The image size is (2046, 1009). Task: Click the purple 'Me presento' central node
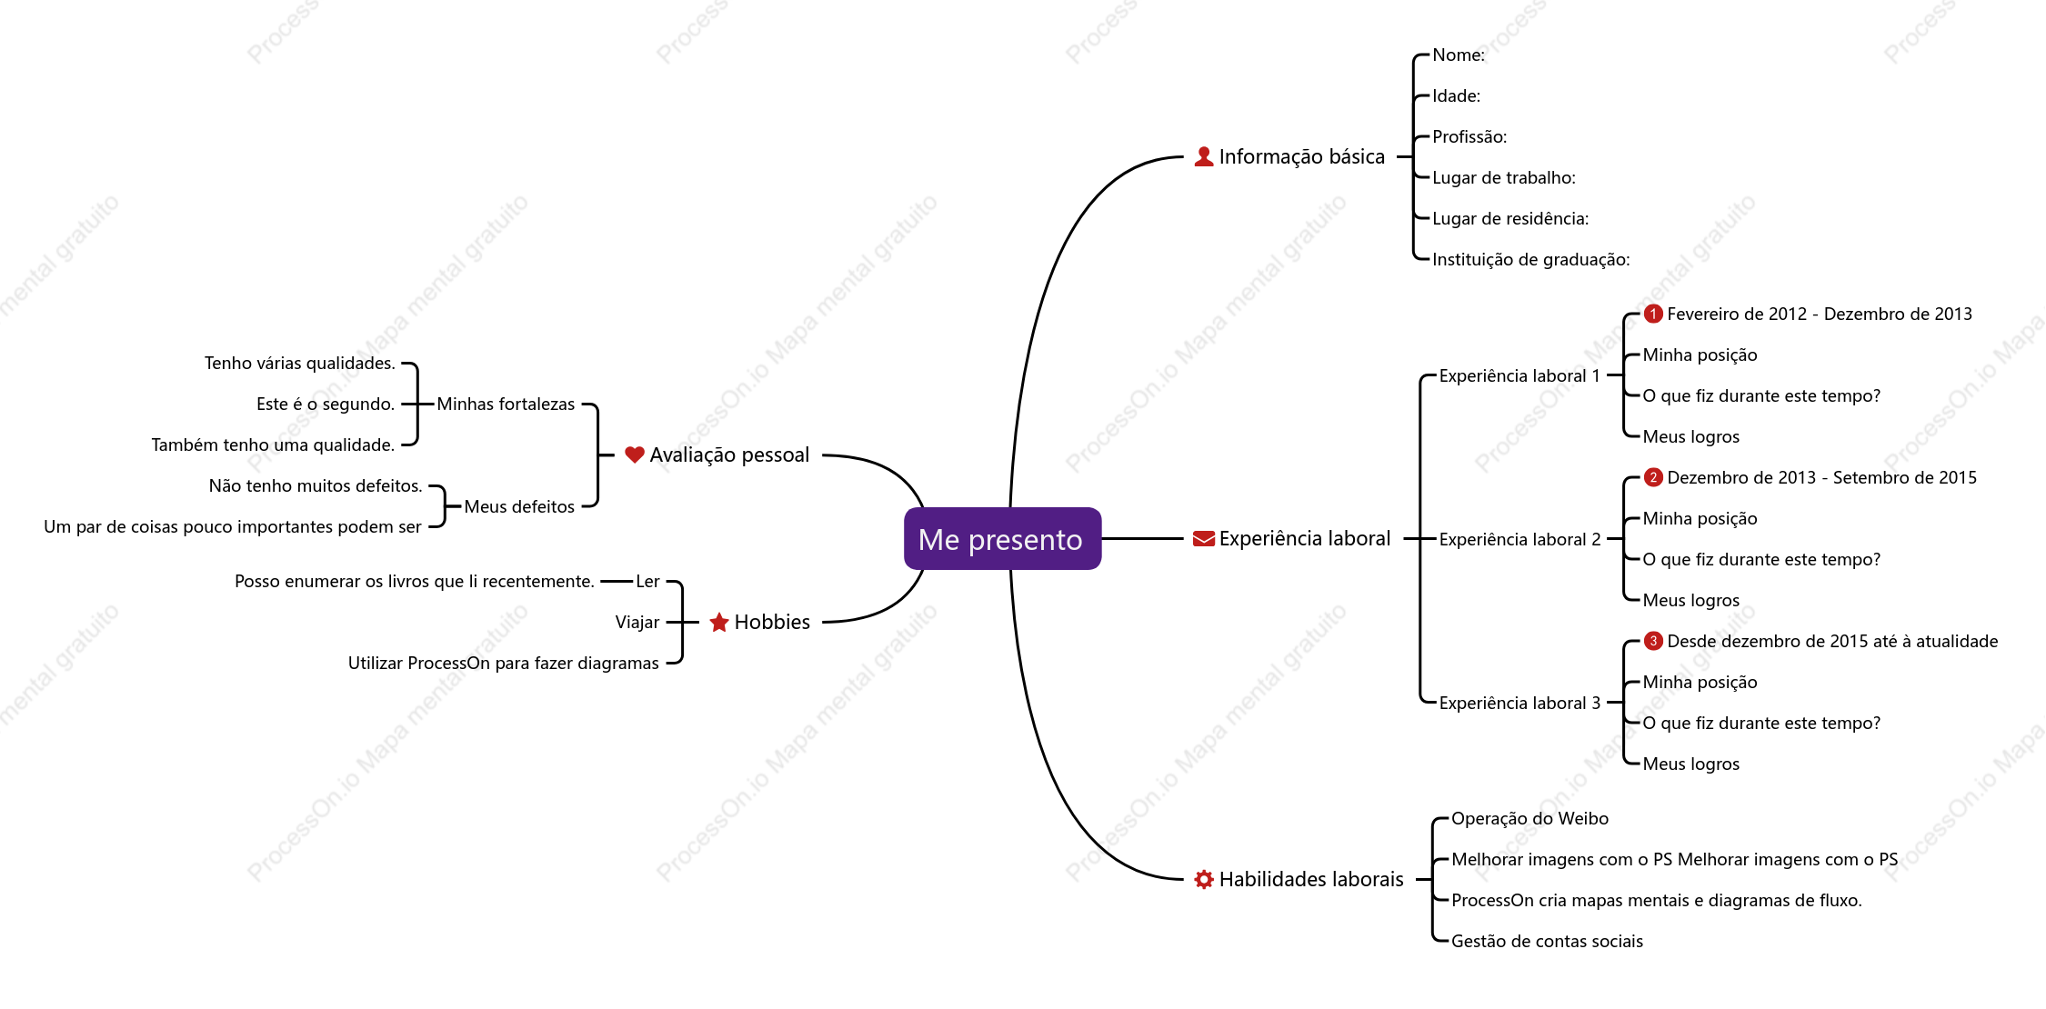pos(1002,539)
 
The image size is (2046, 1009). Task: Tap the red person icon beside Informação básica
pos(1204,156)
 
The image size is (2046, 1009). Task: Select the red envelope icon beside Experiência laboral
pos(1204,539)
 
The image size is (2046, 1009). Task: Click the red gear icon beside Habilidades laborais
pos(1204,879)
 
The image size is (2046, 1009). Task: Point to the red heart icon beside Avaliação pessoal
pos(635,455)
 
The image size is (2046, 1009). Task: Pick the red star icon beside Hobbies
pos(719,622)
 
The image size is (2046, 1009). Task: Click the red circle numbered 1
pos(1653,314)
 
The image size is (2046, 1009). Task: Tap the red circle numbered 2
pos(1653,477)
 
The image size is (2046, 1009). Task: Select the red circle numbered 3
pos(1653,641)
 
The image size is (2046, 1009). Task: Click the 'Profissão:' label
pos(1469,136)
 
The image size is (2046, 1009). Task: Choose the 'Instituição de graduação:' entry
pos(1531,259)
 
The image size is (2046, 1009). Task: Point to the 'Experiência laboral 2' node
pos(1519,539)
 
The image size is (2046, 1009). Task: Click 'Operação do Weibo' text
pos(1529,818)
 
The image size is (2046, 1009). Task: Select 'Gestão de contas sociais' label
pos(1547,941)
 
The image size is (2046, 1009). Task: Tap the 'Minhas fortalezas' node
pos(506,404)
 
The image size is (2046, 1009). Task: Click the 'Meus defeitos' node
pos(519,506)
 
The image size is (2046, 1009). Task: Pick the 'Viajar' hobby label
pos(637,622)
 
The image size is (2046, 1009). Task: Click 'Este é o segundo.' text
pos(326,404)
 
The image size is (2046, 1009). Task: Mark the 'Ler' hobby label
pos(647,581)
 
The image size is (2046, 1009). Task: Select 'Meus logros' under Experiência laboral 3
pos(1690,764)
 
